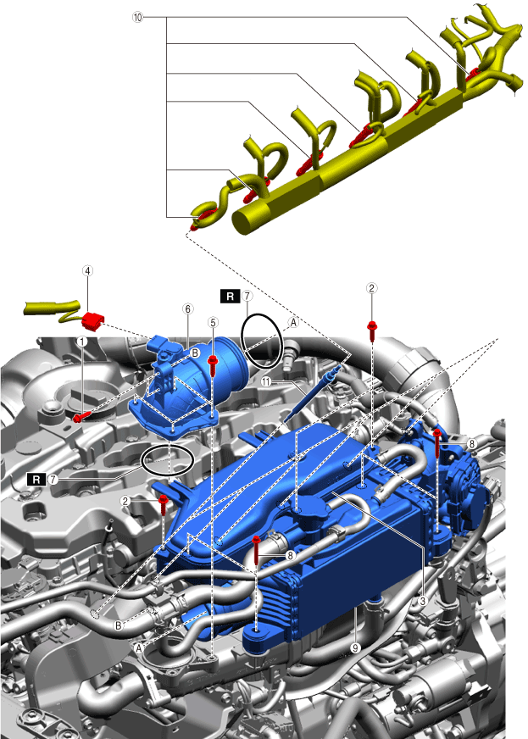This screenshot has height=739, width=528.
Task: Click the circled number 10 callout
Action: [x=137, y=18]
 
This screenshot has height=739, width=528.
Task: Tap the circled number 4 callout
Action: [x=87, y=270]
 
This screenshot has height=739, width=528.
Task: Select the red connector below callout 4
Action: [x=92, y=321]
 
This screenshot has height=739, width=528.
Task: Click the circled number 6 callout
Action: [x=187, y=308]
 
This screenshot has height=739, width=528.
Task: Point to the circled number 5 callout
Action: [x=213, y=322]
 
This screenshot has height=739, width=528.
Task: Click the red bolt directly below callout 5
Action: [x=213, y=366]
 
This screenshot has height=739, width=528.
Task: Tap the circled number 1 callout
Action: [x=82, y=341]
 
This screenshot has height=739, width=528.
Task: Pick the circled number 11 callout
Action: [x=266, y=381]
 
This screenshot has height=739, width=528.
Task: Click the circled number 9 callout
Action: [x=355, y=648]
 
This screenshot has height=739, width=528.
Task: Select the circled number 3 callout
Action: [x=423, y=600]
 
